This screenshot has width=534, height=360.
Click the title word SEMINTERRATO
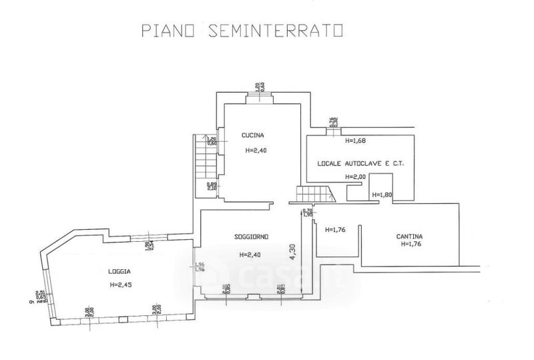[275, 31]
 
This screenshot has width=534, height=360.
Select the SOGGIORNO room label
[251, 236]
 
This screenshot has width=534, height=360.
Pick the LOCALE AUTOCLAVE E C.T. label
[360, 163]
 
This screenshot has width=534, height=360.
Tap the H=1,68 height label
[356, 141]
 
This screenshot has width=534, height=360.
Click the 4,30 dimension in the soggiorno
[292, 250]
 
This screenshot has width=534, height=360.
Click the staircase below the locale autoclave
[314, 194]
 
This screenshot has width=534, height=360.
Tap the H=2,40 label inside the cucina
[256, 150]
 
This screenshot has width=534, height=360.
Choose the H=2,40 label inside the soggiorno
[251, 254]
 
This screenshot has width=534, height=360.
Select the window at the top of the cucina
[260, 98]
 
